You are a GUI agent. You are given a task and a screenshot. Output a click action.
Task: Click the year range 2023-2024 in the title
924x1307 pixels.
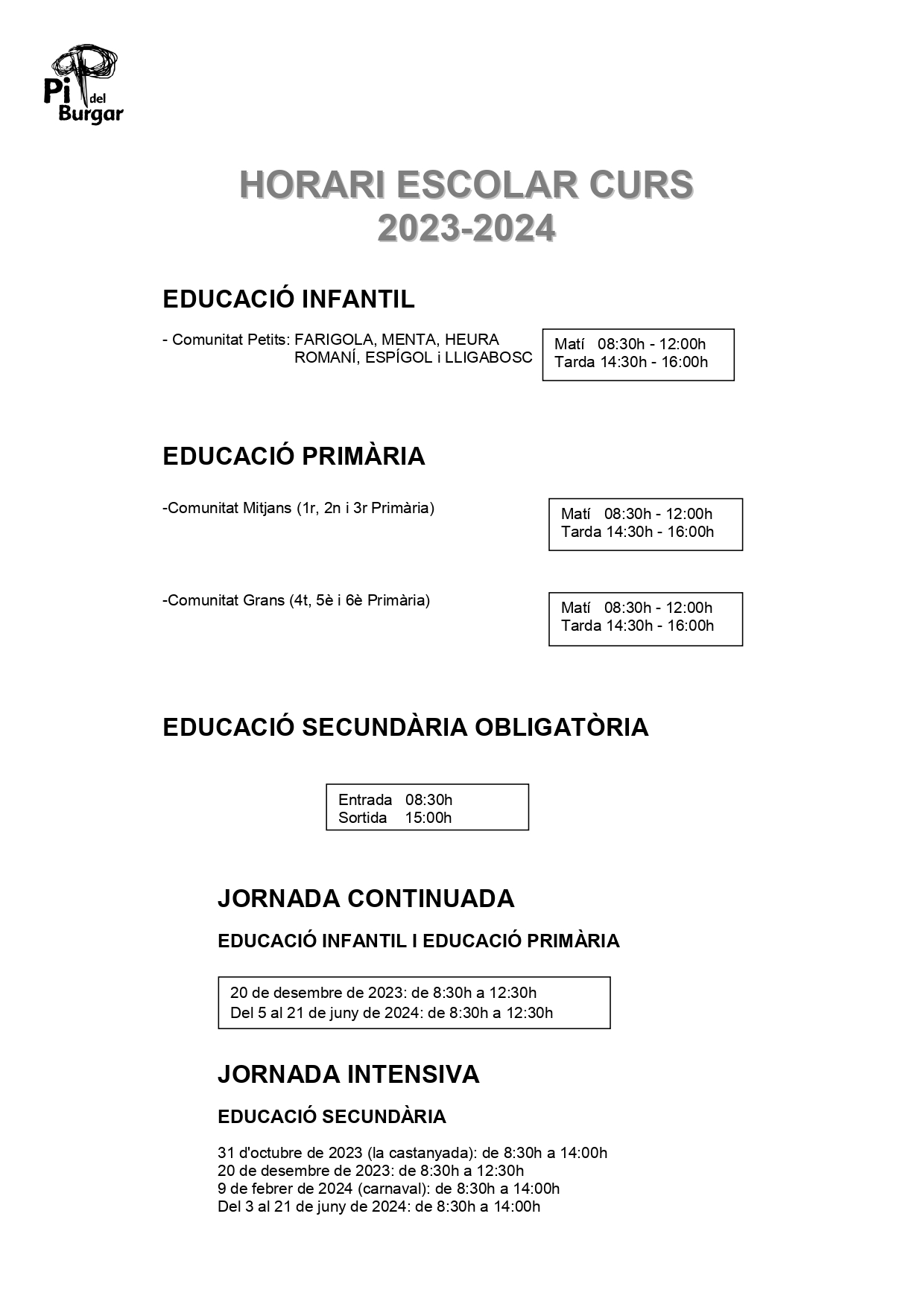(466, 228)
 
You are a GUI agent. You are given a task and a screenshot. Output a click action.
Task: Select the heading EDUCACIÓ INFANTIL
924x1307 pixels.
(288, 299)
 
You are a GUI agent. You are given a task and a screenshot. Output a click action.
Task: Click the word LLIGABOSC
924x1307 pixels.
(489, 357)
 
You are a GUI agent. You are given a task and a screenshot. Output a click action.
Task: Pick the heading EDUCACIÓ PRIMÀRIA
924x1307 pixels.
(294, 456)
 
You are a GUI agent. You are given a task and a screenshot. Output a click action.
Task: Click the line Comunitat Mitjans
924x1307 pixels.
(298, 508)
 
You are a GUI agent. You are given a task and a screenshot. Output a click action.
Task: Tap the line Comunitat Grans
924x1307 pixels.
(296, 600)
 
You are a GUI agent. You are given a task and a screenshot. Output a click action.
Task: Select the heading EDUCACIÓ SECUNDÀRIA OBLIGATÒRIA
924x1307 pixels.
(405, 727)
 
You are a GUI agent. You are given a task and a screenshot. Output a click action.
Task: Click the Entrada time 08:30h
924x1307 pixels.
(428, 800)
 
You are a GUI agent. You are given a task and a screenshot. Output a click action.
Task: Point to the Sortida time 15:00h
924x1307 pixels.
(428, 818)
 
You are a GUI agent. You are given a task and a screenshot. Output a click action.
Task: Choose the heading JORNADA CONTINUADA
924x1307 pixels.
(366, 898)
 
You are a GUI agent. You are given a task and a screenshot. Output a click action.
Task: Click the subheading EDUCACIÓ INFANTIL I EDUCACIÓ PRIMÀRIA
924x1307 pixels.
(418, 941)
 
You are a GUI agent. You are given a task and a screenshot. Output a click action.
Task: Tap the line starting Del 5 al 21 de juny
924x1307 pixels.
(391, 1013)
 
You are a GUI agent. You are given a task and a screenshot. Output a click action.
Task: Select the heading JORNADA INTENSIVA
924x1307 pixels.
(348, 1074)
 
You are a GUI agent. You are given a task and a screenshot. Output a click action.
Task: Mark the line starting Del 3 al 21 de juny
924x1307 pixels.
(379, 1206)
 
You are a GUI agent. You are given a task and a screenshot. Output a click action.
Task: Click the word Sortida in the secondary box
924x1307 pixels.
(362, 818)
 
